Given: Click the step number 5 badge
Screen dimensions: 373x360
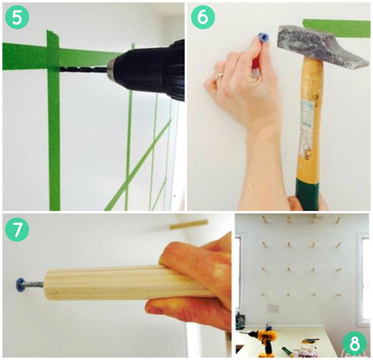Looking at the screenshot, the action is pos(17,17).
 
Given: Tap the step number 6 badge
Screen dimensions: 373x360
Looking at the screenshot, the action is pos(203,17).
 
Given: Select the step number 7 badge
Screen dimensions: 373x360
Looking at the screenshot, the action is pos(17,229).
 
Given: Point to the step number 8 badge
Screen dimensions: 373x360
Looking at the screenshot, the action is pos(354,343).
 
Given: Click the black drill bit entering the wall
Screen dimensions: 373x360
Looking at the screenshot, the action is pos(83,70).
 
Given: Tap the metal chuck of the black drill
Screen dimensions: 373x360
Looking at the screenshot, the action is pos(111,68).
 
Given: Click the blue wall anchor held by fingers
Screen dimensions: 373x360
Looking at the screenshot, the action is pos(263,38).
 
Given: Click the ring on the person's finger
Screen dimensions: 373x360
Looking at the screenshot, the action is pos(219,78).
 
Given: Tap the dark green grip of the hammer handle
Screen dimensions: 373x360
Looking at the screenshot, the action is pos(307,195).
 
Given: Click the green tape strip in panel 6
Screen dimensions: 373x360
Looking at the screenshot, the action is pos(336,28).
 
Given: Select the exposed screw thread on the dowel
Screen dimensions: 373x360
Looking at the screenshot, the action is pos(34,284).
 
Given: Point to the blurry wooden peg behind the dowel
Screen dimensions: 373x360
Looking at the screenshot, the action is pos(188,224).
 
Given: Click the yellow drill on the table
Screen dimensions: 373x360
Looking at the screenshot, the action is pos(267,339).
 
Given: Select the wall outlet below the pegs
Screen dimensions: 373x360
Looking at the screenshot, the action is pos(274,308).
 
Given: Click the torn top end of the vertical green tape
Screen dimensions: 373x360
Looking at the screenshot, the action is pos(53,33).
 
